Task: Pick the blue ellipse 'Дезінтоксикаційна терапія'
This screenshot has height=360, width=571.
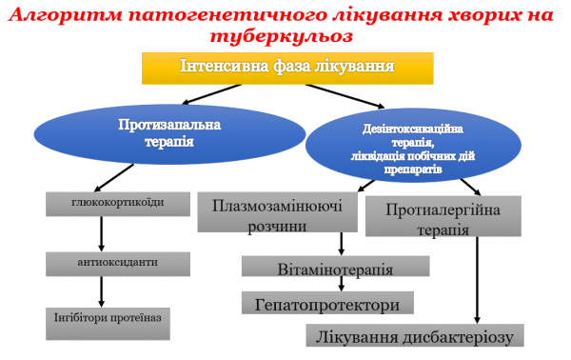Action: click(x=413, y=142)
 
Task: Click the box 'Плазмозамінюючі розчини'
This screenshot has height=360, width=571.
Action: click(x=272, y=214)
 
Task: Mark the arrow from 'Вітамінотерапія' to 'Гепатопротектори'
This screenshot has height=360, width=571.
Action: click(x=340, y=285)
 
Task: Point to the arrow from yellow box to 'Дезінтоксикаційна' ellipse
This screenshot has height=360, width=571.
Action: click(x=346, y=96)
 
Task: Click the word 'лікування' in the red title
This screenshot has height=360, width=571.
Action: click(x=350, y=13)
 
